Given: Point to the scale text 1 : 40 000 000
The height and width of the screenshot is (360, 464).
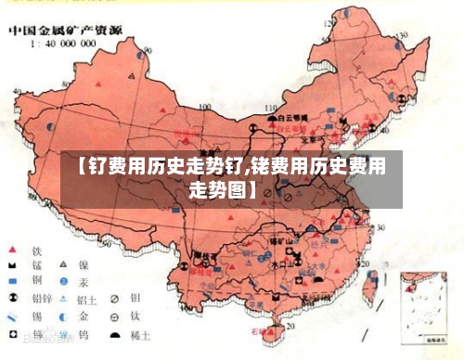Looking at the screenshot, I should pos(58,43).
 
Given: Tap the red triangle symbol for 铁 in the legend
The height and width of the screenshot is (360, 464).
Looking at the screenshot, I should pos(13,250).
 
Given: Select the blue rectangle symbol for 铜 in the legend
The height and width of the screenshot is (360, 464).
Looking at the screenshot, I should pos(13,281).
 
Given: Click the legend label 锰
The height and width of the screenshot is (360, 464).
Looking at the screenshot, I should pos(37,265).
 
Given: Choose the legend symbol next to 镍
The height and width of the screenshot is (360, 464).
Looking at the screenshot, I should pos(64,265).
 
